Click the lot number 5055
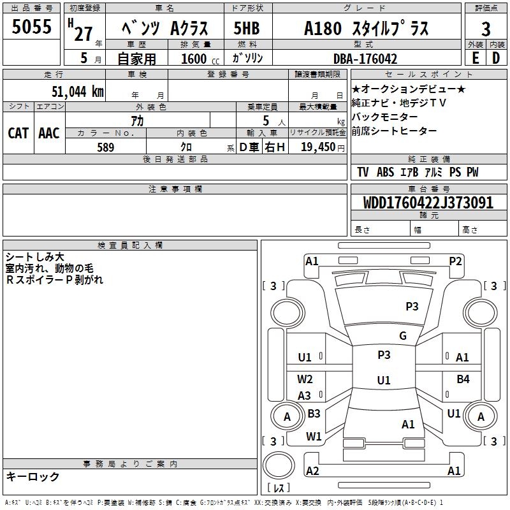[x=32, y=27]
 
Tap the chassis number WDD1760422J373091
[x=428, y=203]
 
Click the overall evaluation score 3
[x=486, y=28]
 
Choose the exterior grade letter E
[x=475, y=58]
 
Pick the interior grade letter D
[x=496, y=58]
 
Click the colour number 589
[x=105, y=147]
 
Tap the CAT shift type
[x=18, y=133]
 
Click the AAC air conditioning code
[x=49, y=133]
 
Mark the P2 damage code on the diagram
[x=455, y=261]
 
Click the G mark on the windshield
[x=403, y=336]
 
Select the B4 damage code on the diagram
[x=463, y=379]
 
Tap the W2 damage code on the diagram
[x=305, y=379]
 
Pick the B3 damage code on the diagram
[x=314, y=414]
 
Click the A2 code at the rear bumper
[x=312, y=470]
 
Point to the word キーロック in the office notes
[x=33, y=476]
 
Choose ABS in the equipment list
[x=385, y=172]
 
